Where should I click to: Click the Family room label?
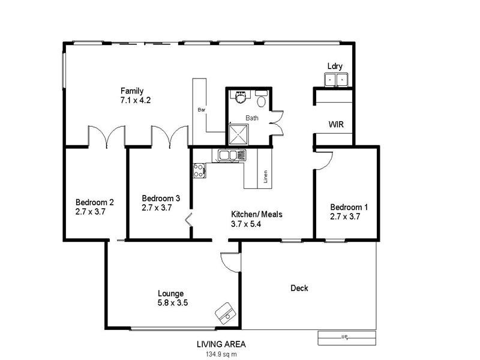pos(131,91)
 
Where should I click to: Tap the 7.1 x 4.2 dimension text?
pos(135,101)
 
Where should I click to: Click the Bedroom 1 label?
pos(349,207)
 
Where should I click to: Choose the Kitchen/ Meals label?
pos(257,214)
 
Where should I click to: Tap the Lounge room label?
pos(170,293)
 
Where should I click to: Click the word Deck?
pos(299,288)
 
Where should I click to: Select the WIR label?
pos(335,125)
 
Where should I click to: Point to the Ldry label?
pos(335,66)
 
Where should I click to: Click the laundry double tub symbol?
pos(336,80)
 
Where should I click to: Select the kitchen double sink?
pos(232,156)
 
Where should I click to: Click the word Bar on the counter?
pos(202,110)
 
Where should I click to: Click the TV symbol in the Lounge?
pos(226,311)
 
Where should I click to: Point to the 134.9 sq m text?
pos(221,354)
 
